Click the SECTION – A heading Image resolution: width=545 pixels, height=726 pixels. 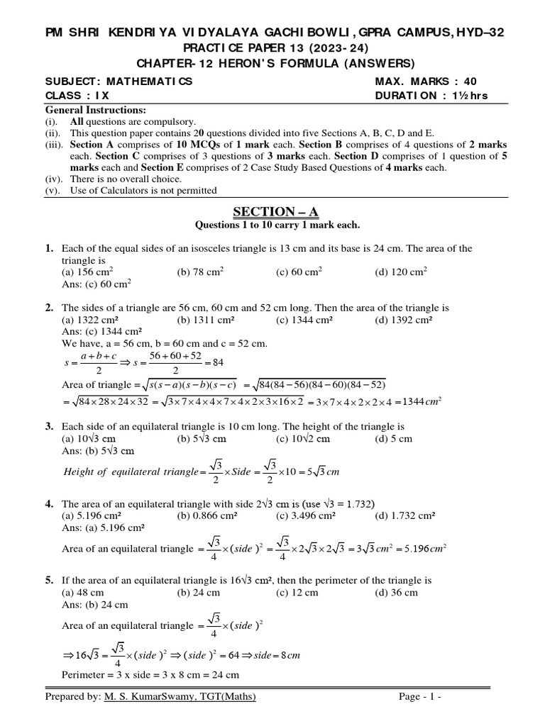272,212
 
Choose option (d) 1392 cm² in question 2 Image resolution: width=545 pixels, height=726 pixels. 404,320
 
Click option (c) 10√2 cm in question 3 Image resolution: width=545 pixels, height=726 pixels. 303,439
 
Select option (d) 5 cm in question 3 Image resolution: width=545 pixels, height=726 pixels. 393,439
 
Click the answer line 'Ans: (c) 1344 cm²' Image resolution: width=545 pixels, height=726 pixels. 102,332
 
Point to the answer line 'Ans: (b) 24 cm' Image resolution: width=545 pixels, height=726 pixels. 96,604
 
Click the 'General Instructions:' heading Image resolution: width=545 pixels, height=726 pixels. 96,110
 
